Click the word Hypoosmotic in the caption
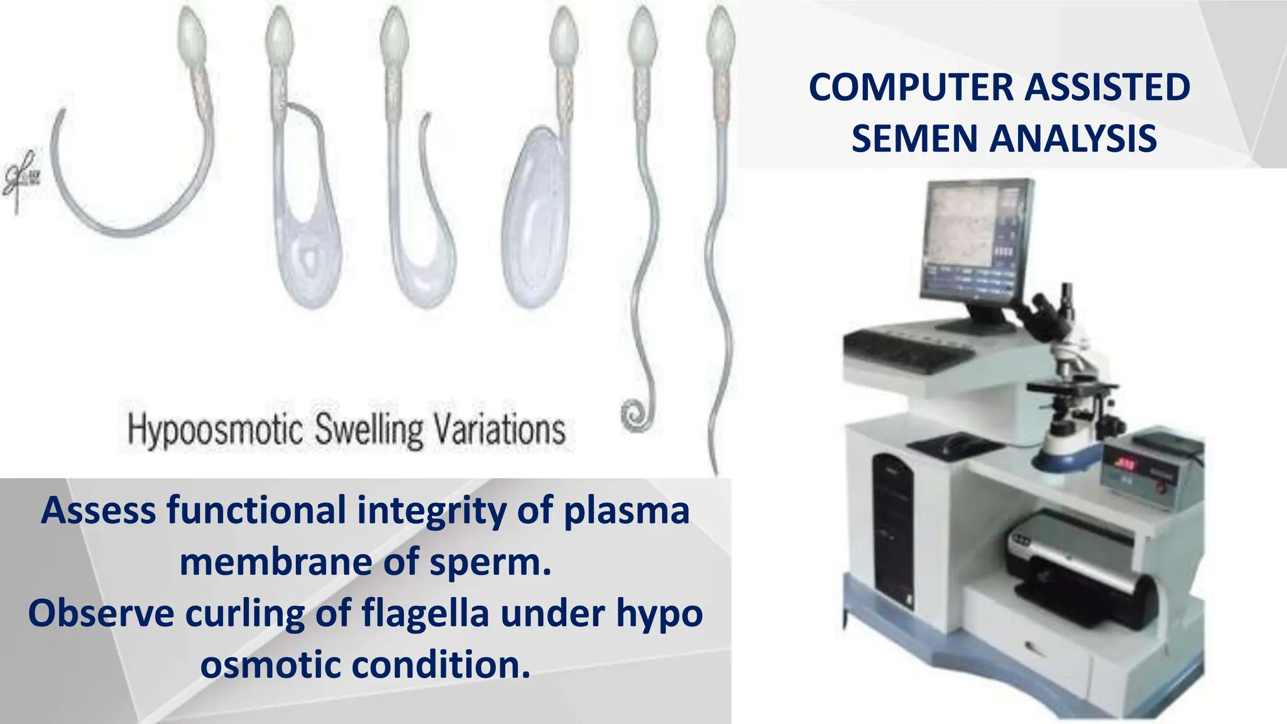(x=215, y=431)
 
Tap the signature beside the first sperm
(x=20, y=179)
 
